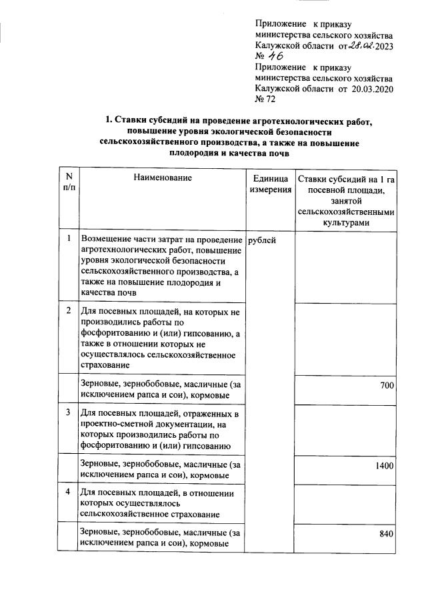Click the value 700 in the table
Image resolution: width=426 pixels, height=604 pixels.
tap(387, 386)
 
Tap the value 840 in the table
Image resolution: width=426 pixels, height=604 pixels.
tap(387, 534)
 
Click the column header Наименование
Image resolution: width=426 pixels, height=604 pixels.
tap(162, 178)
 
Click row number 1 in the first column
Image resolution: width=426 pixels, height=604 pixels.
tap(69, 238)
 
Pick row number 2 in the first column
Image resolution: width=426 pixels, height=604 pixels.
tap(69, 311)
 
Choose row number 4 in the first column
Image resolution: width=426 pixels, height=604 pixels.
tap(69, 493)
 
